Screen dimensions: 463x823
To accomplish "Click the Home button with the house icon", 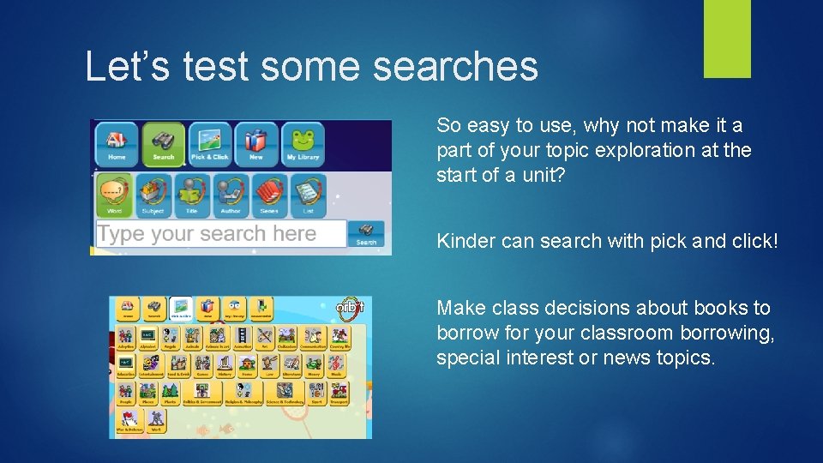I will (x=117, y=143).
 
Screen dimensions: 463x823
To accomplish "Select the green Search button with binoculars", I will (x=163, y=143).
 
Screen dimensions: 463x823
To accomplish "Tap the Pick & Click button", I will (x=209, y=143).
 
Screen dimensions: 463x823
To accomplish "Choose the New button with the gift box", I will (x=255, y=143).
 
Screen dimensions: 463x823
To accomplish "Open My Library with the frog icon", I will (x=303, y=143).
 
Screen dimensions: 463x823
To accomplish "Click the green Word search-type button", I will (x=114, y=195).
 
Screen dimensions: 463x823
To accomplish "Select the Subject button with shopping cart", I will (x=153, y=195).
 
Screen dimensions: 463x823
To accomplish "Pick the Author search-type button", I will (x=231, y=195).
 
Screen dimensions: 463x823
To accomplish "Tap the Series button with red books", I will (x=269, y=195).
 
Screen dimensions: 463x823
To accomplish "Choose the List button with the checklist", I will (x=308, y=195).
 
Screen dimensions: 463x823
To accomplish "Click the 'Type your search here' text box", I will (x=219, y=234).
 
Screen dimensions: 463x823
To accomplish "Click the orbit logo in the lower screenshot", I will (x=351, y=308).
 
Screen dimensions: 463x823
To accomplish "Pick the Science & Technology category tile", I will (x=285, y=394).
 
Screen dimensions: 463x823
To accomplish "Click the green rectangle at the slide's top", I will (x=727, y=39).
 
